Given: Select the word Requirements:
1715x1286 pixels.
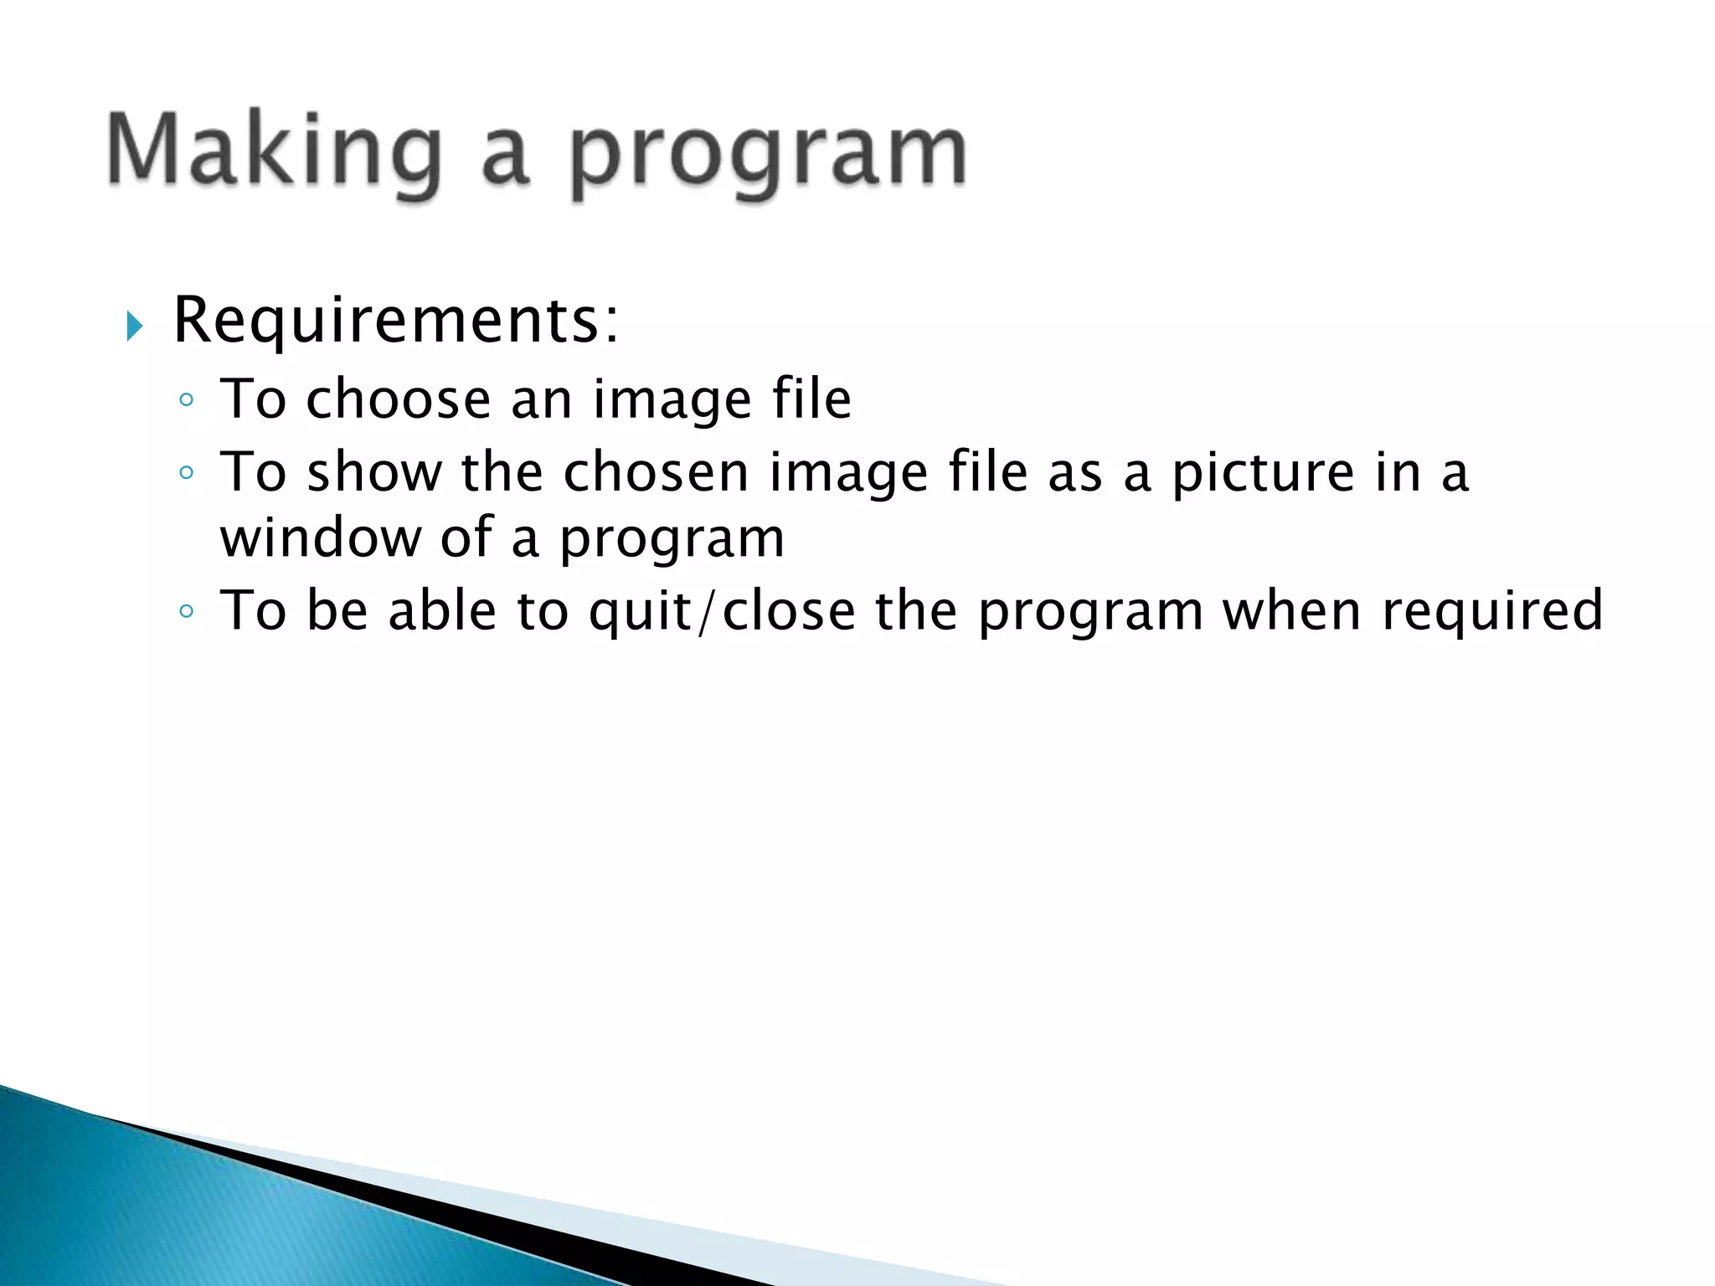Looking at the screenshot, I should pos(395,321).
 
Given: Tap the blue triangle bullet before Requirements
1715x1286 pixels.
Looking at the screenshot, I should pos(135,326).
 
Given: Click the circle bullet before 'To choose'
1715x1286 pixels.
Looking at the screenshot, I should pos(187,400).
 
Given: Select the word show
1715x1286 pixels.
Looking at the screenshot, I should pos(373,472).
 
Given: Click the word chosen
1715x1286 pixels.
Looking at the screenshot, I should pos(656,472).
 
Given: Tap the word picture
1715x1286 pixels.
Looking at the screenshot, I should pos(1262,474).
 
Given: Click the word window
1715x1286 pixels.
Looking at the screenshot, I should pos(321,538).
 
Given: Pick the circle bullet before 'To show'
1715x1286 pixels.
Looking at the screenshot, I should pos(187,474).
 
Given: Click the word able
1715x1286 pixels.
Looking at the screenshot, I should pos(442,610).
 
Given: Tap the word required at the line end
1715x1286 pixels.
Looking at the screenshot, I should pos(1492,612).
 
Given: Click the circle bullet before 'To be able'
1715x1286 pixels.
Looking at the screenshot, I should pos(187,612).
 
